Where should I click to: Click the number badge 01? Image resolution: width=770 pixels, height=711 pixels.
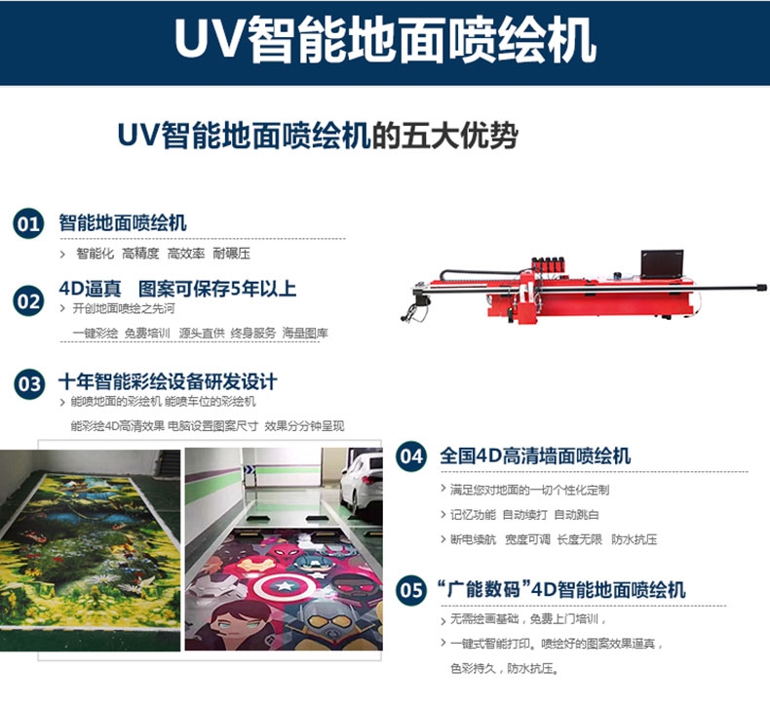point(28,224)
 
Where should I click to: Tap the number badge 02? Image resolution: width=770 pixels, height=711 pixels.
point(28,300)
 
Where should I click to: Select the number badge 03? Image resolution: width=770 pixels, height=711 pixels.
point(29,383)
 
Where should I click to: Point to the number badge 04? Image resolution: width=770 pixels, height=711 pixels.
point(411,456)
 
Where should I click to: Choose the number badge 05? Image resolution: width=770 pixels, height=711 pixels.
point(411,590)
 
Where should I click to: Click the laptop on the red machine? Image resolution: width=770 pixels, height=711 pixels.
point(662,264)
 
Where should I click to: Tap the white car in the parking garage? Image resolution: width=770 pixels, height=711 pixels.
point(362,482)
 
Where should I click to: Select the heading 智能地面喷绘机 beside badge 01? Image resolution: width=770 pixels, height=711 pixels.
point(123,222)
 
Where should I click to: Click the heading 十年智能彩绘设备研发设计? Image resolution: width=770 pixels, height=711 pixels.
point(168,381)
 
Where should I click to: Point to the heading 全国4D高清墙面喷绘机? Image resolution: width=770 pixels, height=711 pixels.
point(535,455)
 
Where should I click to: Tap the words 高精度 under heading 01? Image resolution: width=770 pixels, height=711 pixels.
point(140,254)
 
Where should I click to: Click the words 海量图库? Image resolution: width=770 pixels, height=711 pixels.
point(305,334)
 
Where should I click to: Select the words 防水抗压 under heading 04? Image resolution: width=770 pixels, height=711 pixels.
point(634,539)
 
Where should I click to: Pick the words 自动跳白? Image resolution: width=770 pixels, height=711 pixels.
point(576,515)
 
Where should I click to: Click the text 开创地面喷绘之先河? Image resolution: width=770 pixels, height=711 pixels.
point(124,308)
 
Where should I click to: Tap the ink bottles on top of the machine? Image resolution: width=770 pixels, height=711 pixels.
point(550,264)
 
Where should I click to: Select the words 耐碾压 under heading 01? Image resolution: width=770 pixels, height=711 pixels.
point(231,254)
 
